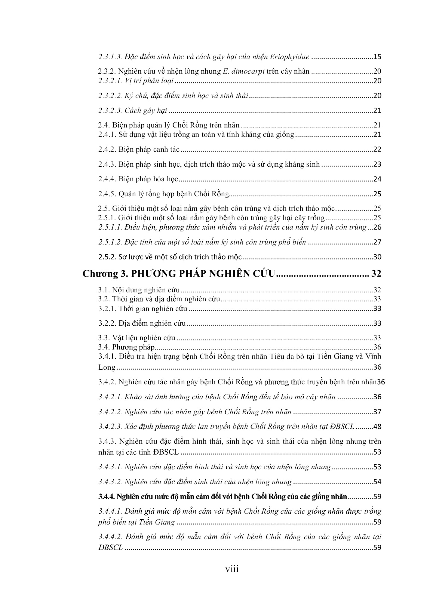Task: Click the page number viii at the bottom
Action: (x=232, y=569)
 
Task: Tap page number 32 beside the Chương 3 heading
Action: (x=376, y=274)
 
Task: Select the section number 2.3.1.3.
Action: (x=110, y=57)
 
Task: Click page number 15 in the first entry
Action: (x=377, y=57)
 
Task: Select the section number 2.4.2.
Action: (x=107, y=150)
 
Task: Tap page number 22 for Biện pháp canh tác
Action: (x=377, y=150)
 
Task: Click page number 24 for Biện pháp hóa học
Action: (x=377, y=179)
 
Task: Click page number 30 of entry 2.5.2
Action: (x=377, y=257)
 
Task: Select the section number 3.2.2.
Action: (x=107, y=323)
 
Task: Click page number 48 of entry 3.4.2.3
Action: (x=377, y=427)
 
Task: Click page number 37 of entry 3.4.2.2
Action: (x=377, y=412)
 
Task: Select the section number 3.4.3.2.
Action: (x=110, y=482)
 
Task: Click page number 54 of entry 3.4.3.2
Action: (x=377, y=482)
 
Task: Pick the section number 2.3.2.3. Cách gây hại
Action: (x=110, y=111)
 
